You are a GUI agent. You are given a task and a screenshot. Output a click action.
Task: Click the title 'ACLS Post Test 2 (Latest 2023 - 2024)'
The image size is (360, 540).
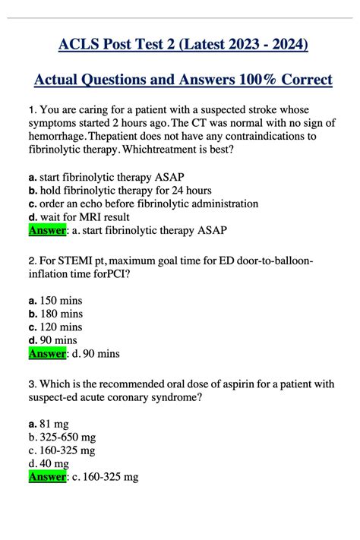[184, 45]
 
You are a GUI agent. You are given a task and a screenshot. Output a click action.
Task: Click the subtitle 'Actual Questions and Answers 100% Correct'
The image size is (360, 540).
[184, 80]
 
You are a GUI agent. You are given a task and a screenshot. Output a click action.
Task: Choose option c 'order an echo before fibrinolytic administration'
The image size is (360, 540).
[143, 204]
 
